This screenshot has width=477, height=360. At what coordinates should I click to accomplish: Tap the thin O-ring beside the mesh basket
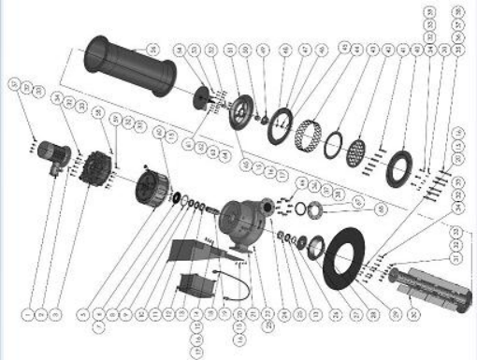point(332,146)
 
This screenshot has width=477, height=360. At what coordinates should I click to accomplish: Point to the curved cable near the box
point(233,280)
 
